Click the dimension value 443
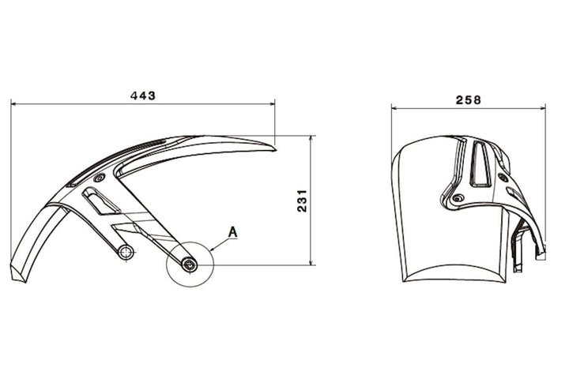(142, 95)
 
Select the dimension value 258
(468, 100)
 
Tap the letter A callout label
(233, 231)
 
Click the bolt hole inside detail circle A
(189, 265)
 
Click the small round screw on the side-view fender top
(98, 180)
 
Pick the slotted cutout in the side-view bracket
(101, 203)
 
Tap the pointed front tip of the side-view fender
(273, 144)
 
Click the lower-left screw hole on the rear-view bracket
(456, 198)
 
